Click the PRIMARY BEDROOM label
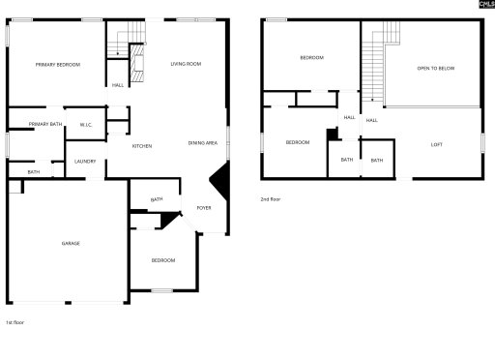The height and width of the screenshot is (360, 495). (58, 65)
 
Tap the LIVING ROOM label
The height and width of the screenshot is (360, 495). (186, 64)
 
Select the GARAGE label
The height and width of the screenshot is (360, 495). (71, 243)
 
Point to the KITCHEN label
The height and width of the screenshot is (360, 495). (142, 146)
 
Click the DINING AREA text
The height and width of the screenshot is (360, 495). (202, 144)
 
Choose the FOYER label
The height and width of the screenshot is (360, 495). (204, 208)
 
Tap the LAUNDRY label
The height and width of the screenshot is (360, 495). (85, 161)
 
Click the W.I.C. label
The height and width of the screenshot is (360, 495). (85, 124)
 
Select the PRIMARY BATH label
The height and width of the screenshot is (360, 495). (45, 124)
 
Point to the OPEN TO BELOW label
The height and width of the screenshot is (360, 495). (435, 69)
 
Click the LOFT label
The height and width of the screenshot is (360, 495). (437, 144)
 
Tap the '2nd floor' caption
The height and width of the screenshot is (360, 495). (270, 199)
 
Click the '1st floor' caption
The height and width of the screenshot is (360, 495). (15, 322)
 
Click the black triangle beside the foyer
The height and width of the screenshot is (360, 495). (220, 181)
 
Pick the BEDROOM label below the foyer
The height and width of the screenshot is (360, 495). (162, 260)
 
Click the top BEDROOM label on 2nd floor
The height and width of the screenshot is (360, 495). (311, 58)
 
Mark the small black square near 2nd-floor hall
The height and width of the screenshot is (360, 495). (332, 134)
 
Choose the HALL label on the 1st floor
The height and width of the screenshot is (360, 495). (117, 85)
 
